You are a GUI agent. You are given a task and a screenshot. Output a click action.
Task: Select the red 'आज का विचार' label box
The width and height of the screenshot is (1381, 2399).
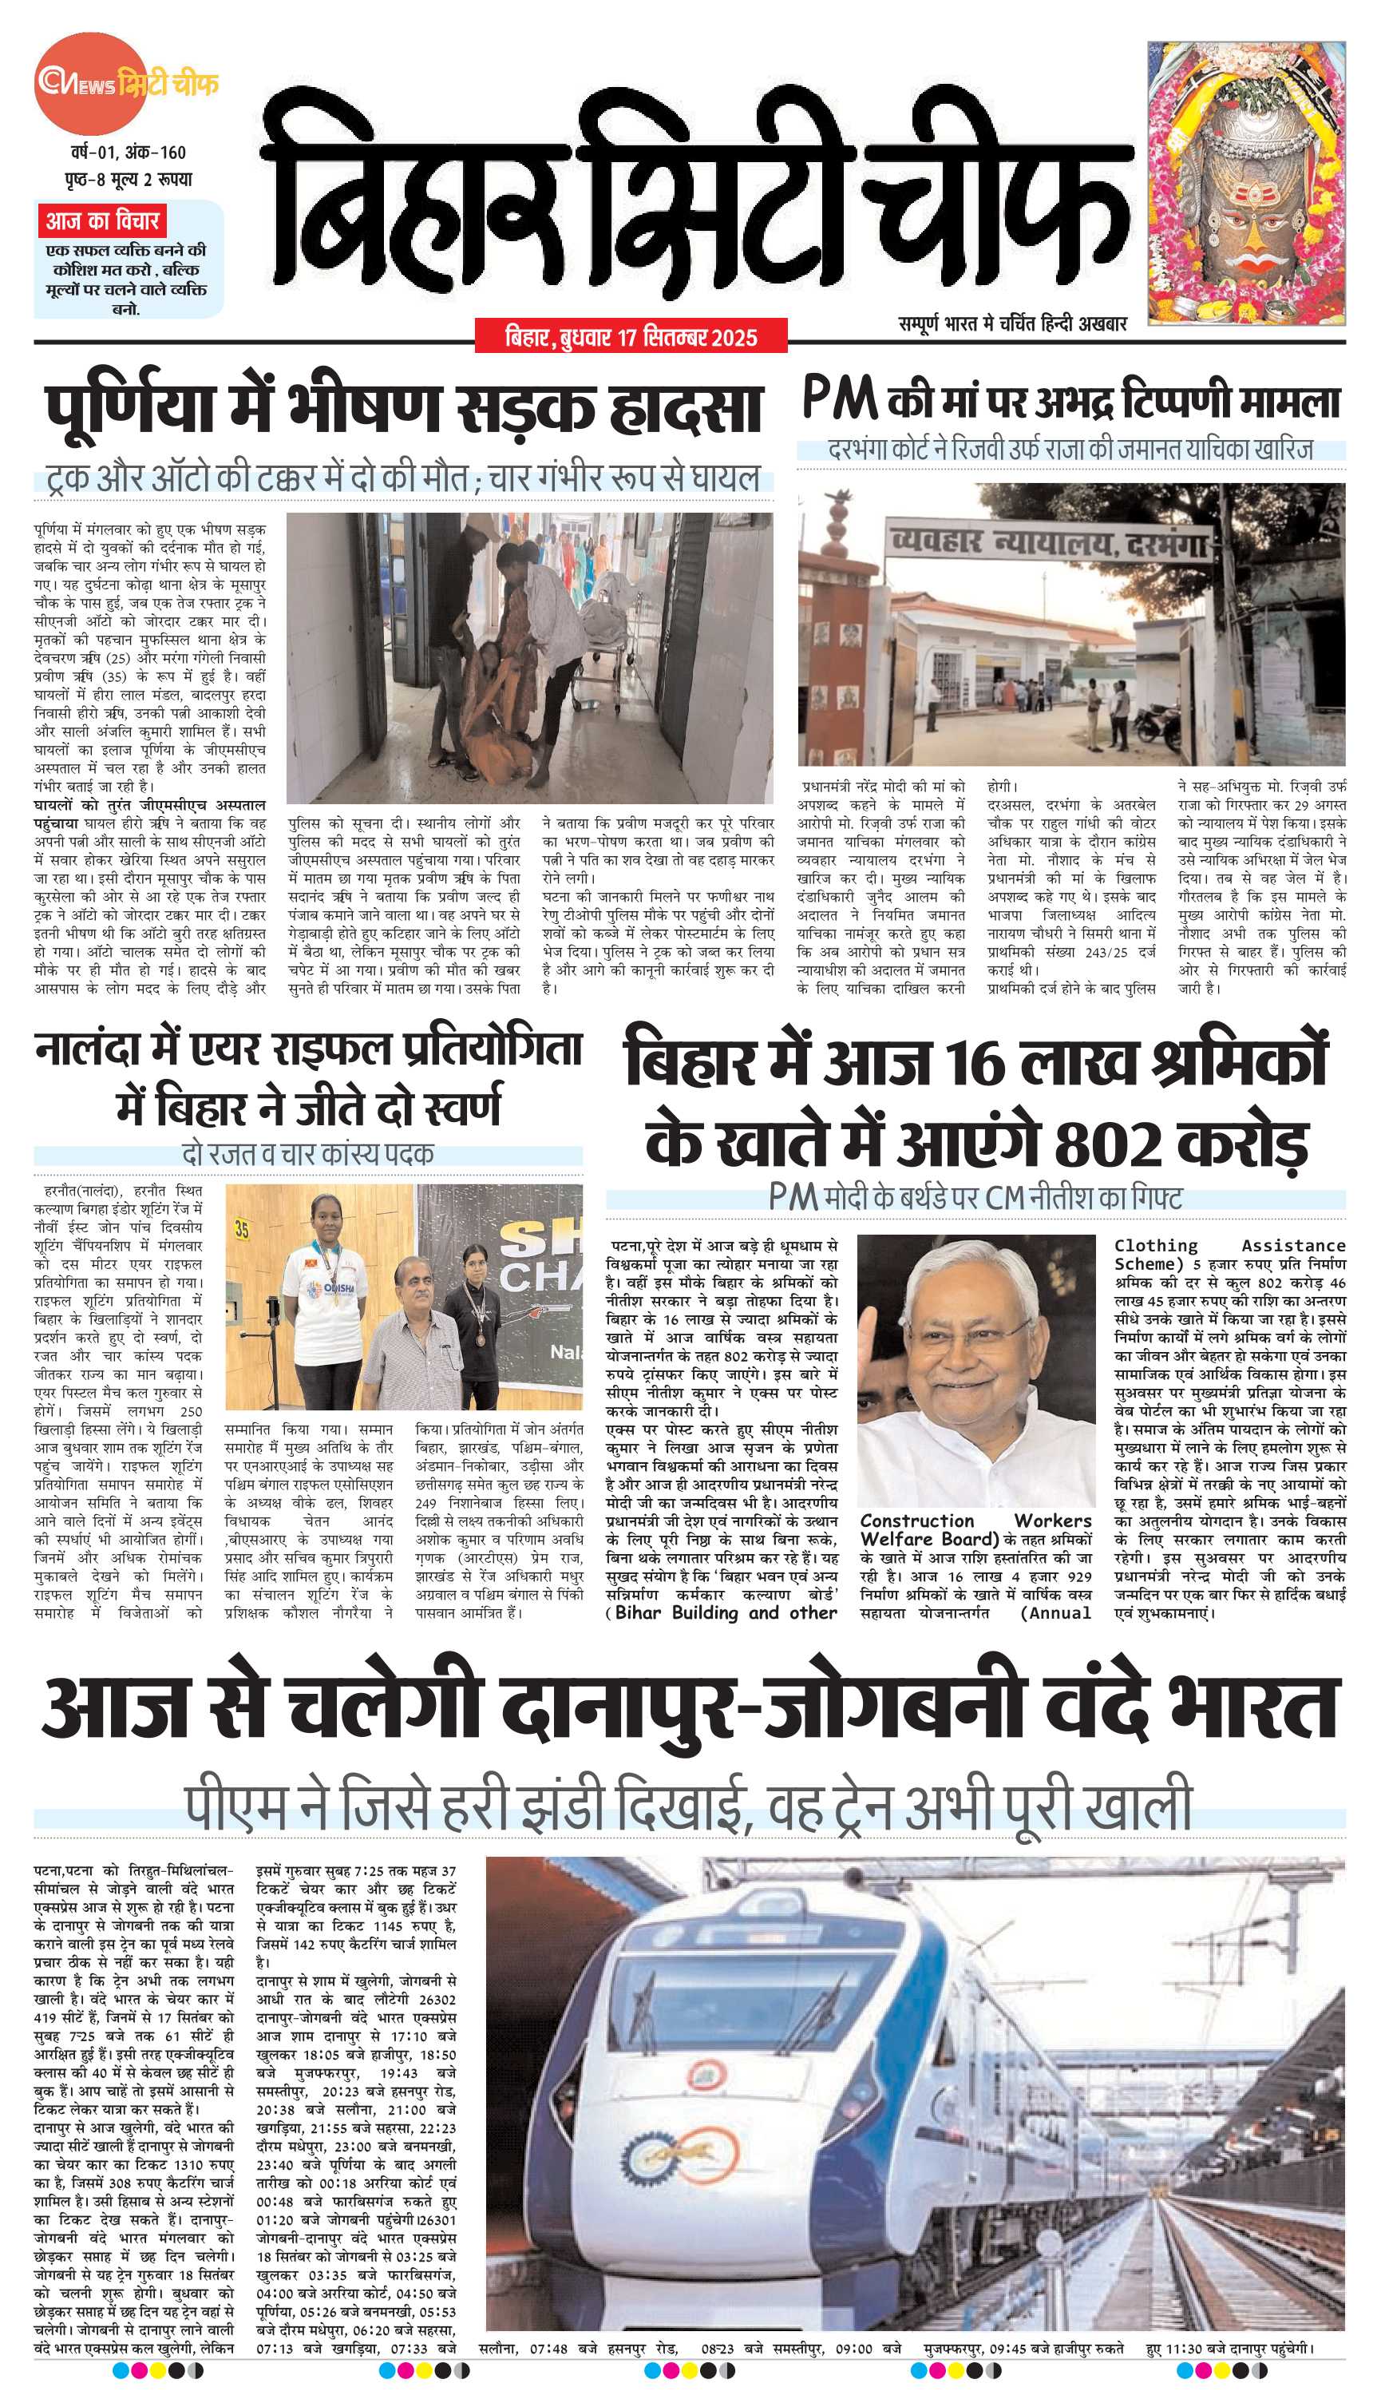coord(101,222)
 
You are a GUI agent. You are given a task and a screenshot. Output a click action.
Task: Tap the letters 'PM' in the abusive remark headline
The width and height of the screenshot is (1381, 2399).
coord(838,399)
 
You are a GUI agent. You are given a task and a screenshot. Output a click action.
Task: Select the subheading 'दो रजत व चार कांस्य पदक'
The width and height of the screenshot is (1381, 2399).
coord(307,1155)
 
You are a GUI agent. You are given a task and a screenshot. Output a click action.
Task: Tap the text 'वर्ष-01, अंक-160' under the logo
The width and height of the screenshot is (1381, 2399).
coord(127,152)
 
